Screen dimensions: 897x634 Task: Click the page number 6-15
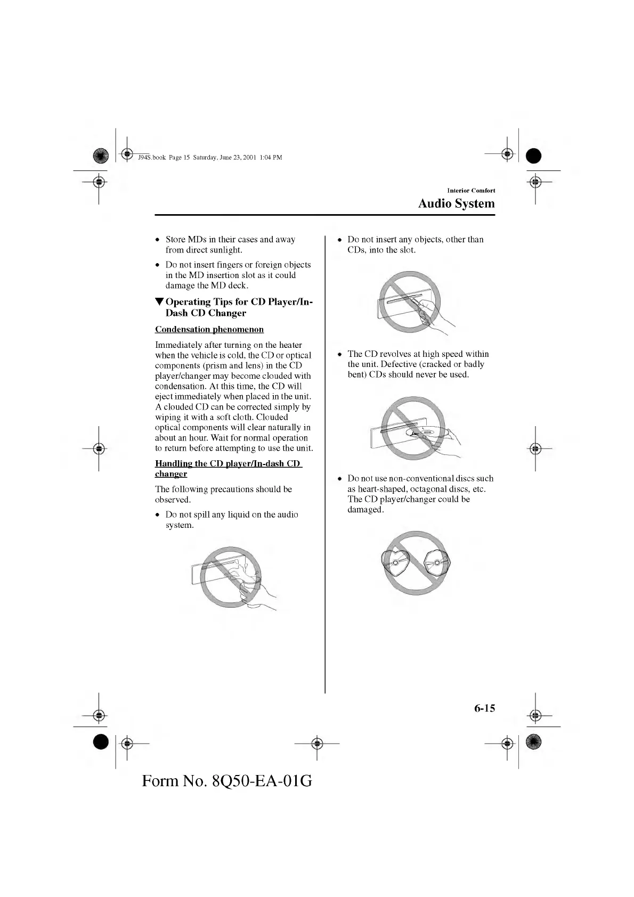[484, 708]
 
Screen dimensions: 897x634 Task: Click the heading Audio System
[456, 203]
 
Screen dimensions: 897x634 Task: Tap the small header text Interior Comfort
[471, 190]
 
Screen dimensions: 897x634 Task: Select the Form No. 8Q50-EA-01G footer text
[227, 781]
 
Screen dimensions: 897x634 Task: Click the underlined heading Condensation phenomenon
[209, 329]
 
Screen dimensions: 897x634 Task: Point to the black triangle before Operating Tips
[159, 303]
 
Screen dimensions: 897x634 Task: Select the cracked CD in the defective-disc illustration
[426, 433]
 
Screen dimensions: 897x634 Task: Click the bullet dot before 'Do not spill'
[158, 515]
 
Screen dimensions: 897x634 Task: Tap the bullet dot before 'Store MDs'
[158, 240]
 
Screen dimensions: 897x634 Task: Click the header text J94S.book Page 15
[163, 157]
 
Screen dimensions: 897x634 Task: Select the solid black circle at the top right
[533, 155]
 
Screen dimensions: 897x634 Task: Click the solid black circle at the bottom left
[100, 741]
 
